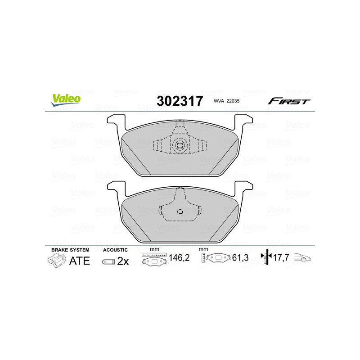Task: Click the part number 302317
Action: point(180,101)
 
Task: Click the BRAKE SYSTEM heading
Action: point(70,250)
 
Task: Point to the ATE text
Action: point(79,261)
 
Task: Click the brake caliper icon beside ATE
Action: point(56,260)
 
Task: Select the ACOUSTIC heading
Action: point(116,250)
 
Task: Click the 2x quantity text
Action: point(123,261)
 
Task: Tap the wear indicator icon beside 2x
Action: point(108,261)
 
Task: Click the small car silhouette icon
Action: point(302,258)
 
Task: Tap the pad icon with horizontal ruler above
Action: point(154,260)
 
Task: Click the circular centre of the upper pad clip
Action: point(180,145)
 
